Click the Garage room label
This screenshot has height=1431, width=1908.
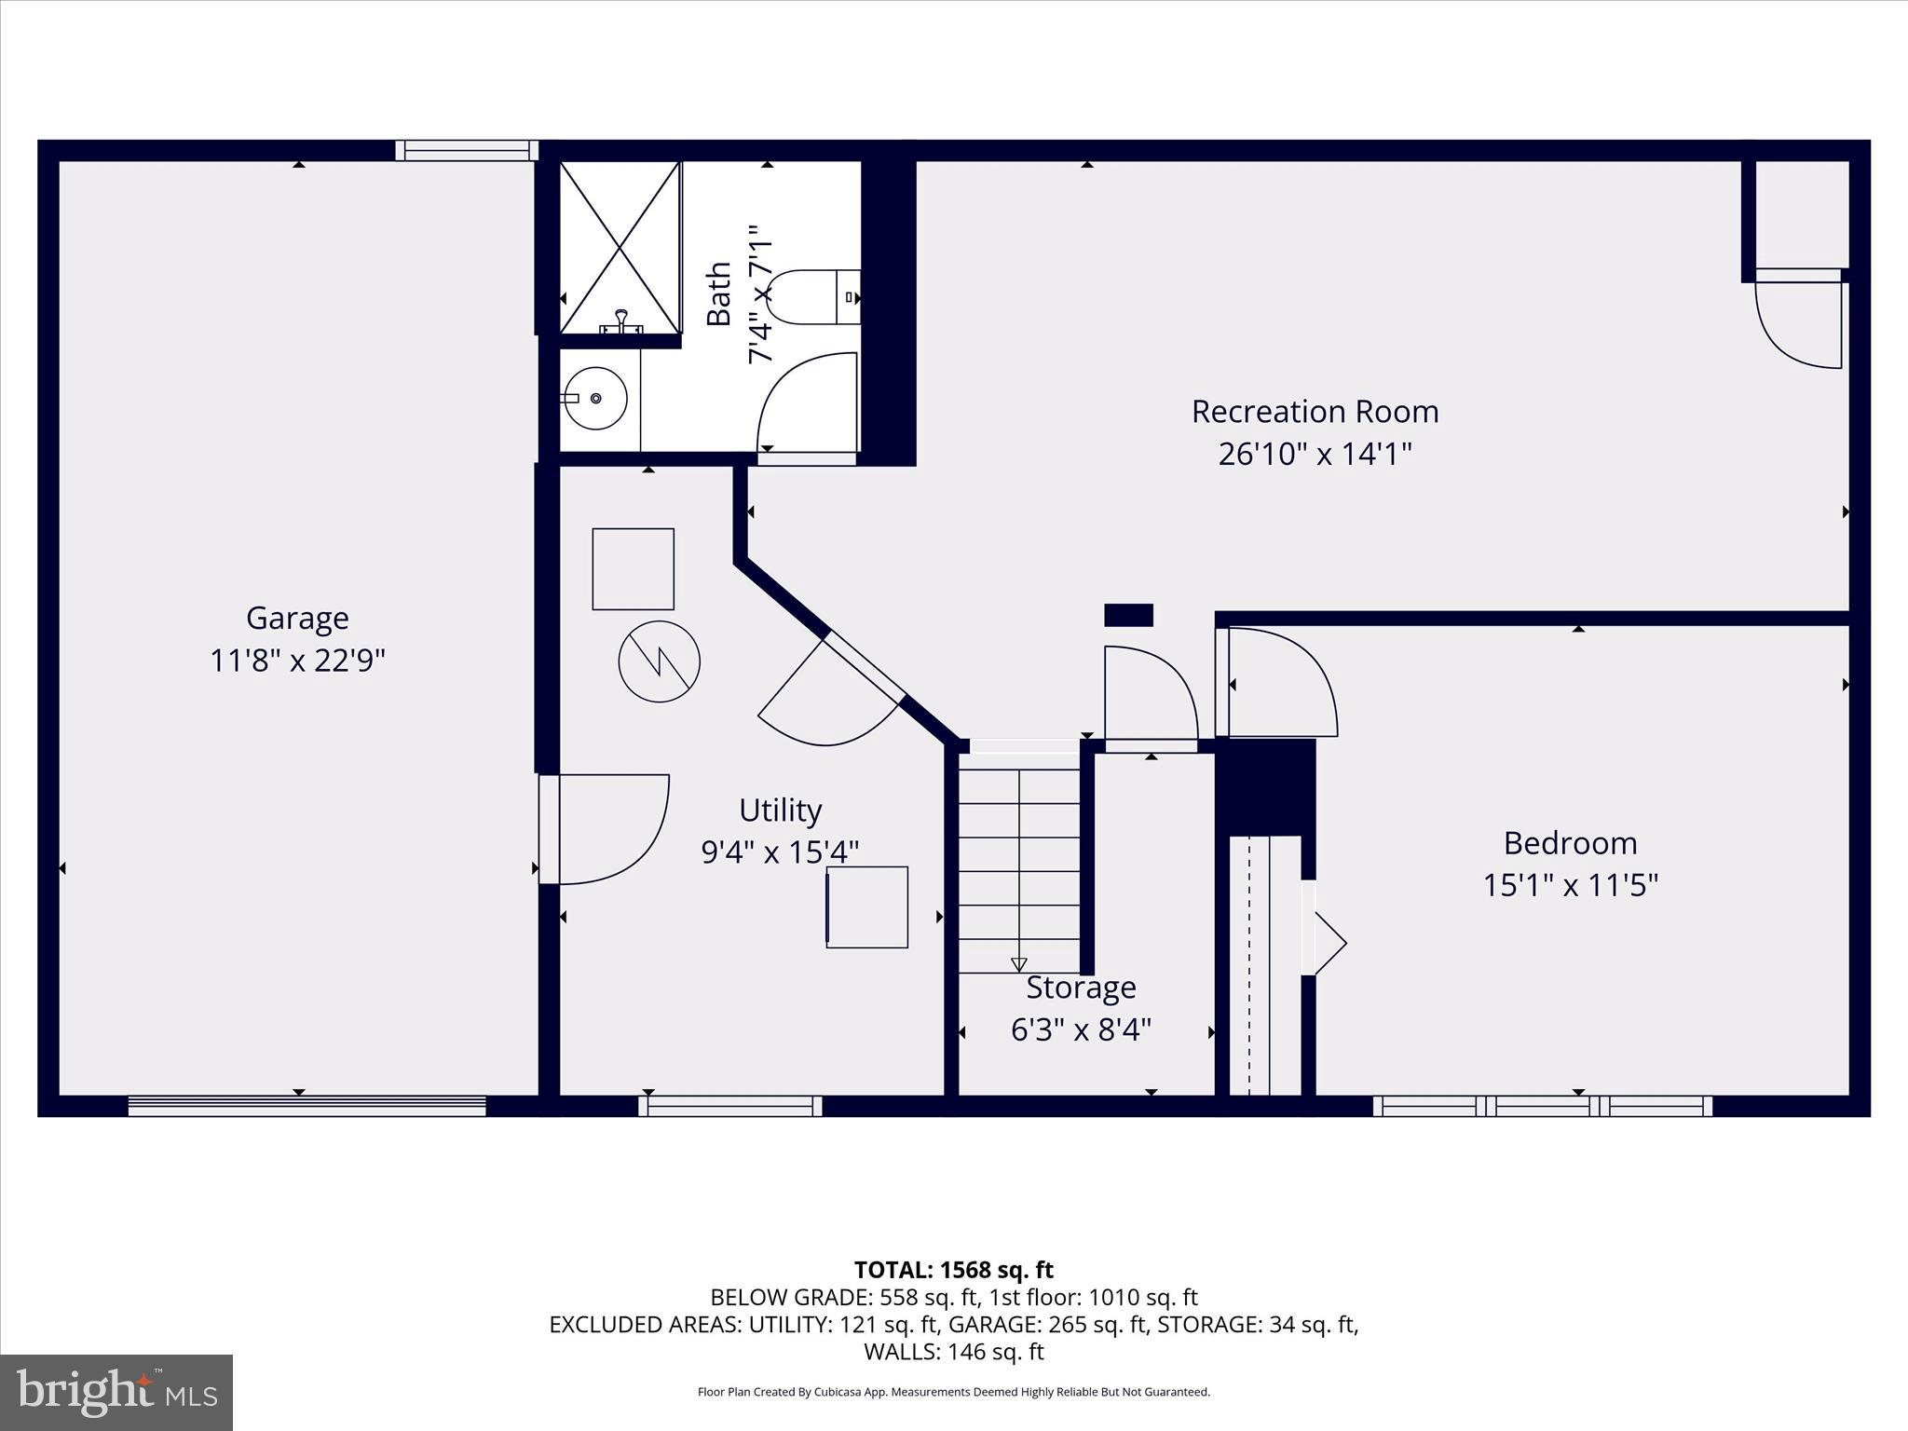pyautogui.click(x=297, y=618)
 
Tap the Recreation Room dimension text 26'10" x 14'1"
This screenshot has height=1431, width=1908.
pyautogui.click(x=1315, y=455)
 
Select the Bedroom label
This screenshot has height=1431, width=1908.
pyautogui.click(x=1570, y=842)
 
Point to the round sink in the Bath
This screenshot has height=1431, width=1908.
pyautogui.click(x=596, y=398)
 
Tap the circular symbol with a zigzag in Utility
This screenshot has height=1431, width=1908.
pyautogui.click(x=659, y=661)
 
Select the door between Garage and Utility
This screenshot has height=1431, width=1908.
pyautogui.click(x=606, y=828)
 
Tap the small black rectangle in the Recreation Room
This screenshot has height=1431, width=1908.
pyautogui.click(x=1128, y=615)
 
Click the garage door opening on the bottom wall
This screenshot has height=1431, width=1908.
pyautogui.click(x=307, y=1106)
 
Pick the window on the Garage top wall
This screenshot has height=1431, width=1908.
pyautogui.click(x=467, y=150)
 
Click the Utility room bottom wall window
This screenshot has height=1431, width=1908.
pyautogui.click(x=730, y=1106)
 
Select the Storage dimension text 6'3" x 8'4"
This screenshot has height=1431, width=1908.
pyautogui.click(x=1081, y=1029)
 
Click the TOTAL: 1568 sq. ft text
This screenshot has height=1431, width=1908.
pyautogui.click(x=953, y=1270)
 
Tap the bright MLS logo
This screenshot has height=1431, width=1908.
pyautogui.click(x=116, y=1392)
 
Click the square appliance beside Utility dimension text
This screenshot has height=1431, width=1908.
pyautogui.click(x=866, y=906)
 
